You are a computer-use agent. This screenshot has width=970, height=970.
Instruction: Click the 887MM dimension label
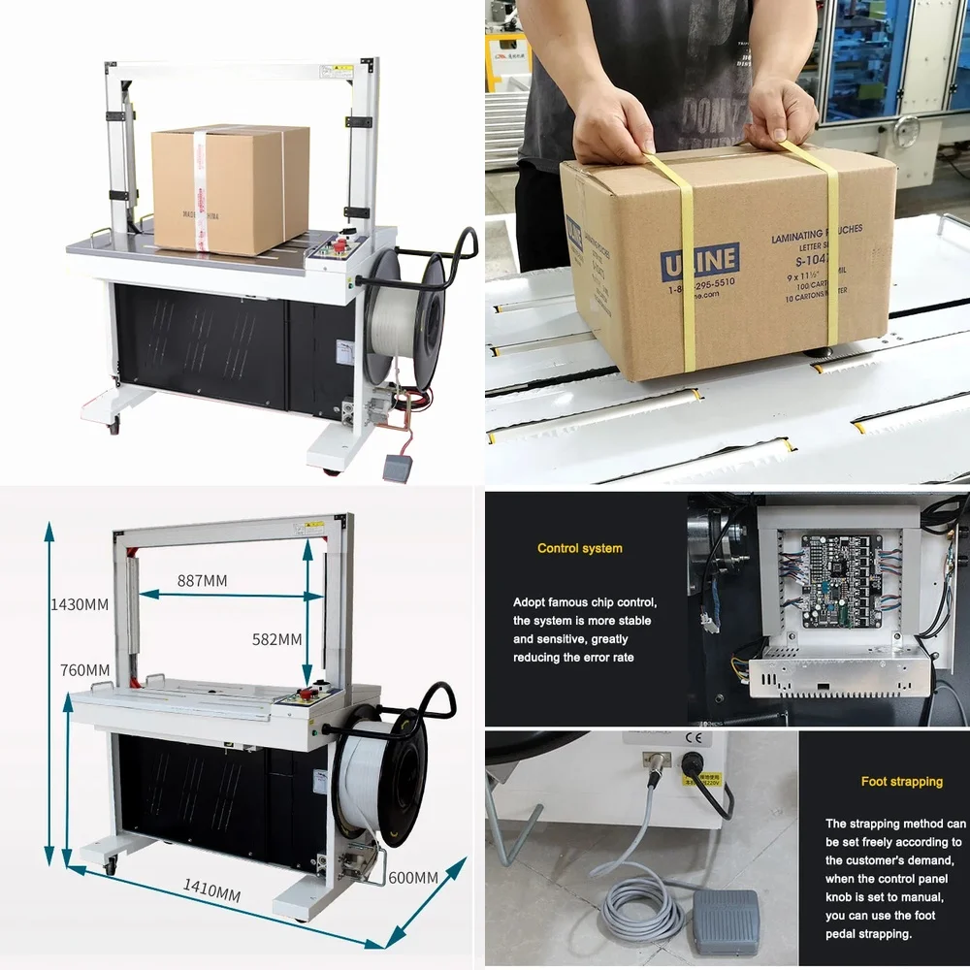pyautogui.click(x=202, y=580)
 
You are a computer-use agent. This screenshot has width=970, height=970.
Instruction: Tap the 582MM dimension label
pyautogui.click(x=276, y=639)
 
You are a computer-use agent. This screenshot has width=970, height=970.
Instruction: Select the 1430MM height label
pyautogui.click(x=80, y=604)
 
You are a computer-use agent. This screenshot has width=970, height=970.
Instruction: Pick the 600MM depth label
pyautogui.click(x=413, y=877)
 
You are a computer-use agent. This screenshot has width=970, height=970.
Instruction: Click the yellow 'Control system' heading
pyautogui.click(x=580, y=548)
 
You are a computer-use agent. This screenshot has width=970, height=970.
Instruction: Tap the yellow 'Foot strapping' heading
pyautogui.click(x=901, y=781)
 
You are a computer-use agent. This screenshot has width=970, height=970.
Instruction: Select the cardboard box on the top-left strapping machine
pyautogui.click(x=230, y=189)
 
